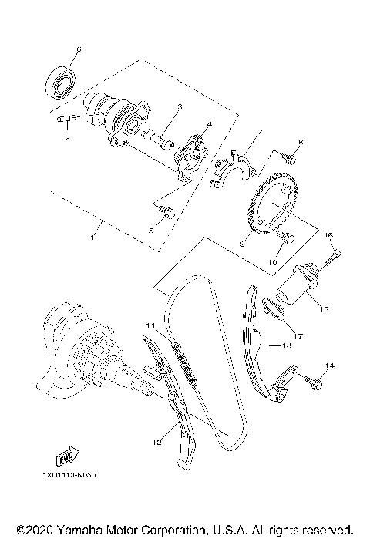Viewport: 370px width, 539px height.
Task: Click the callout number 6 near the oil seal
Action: click(77, 50)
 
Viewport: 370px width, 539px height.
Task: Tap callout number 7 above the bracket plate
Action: click(260, 133)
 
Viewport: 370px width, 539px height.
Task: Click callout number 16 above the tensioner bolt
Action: click(327, 234)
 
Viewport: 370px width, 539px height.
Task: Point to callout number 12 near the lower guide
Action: click(157, 441)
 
